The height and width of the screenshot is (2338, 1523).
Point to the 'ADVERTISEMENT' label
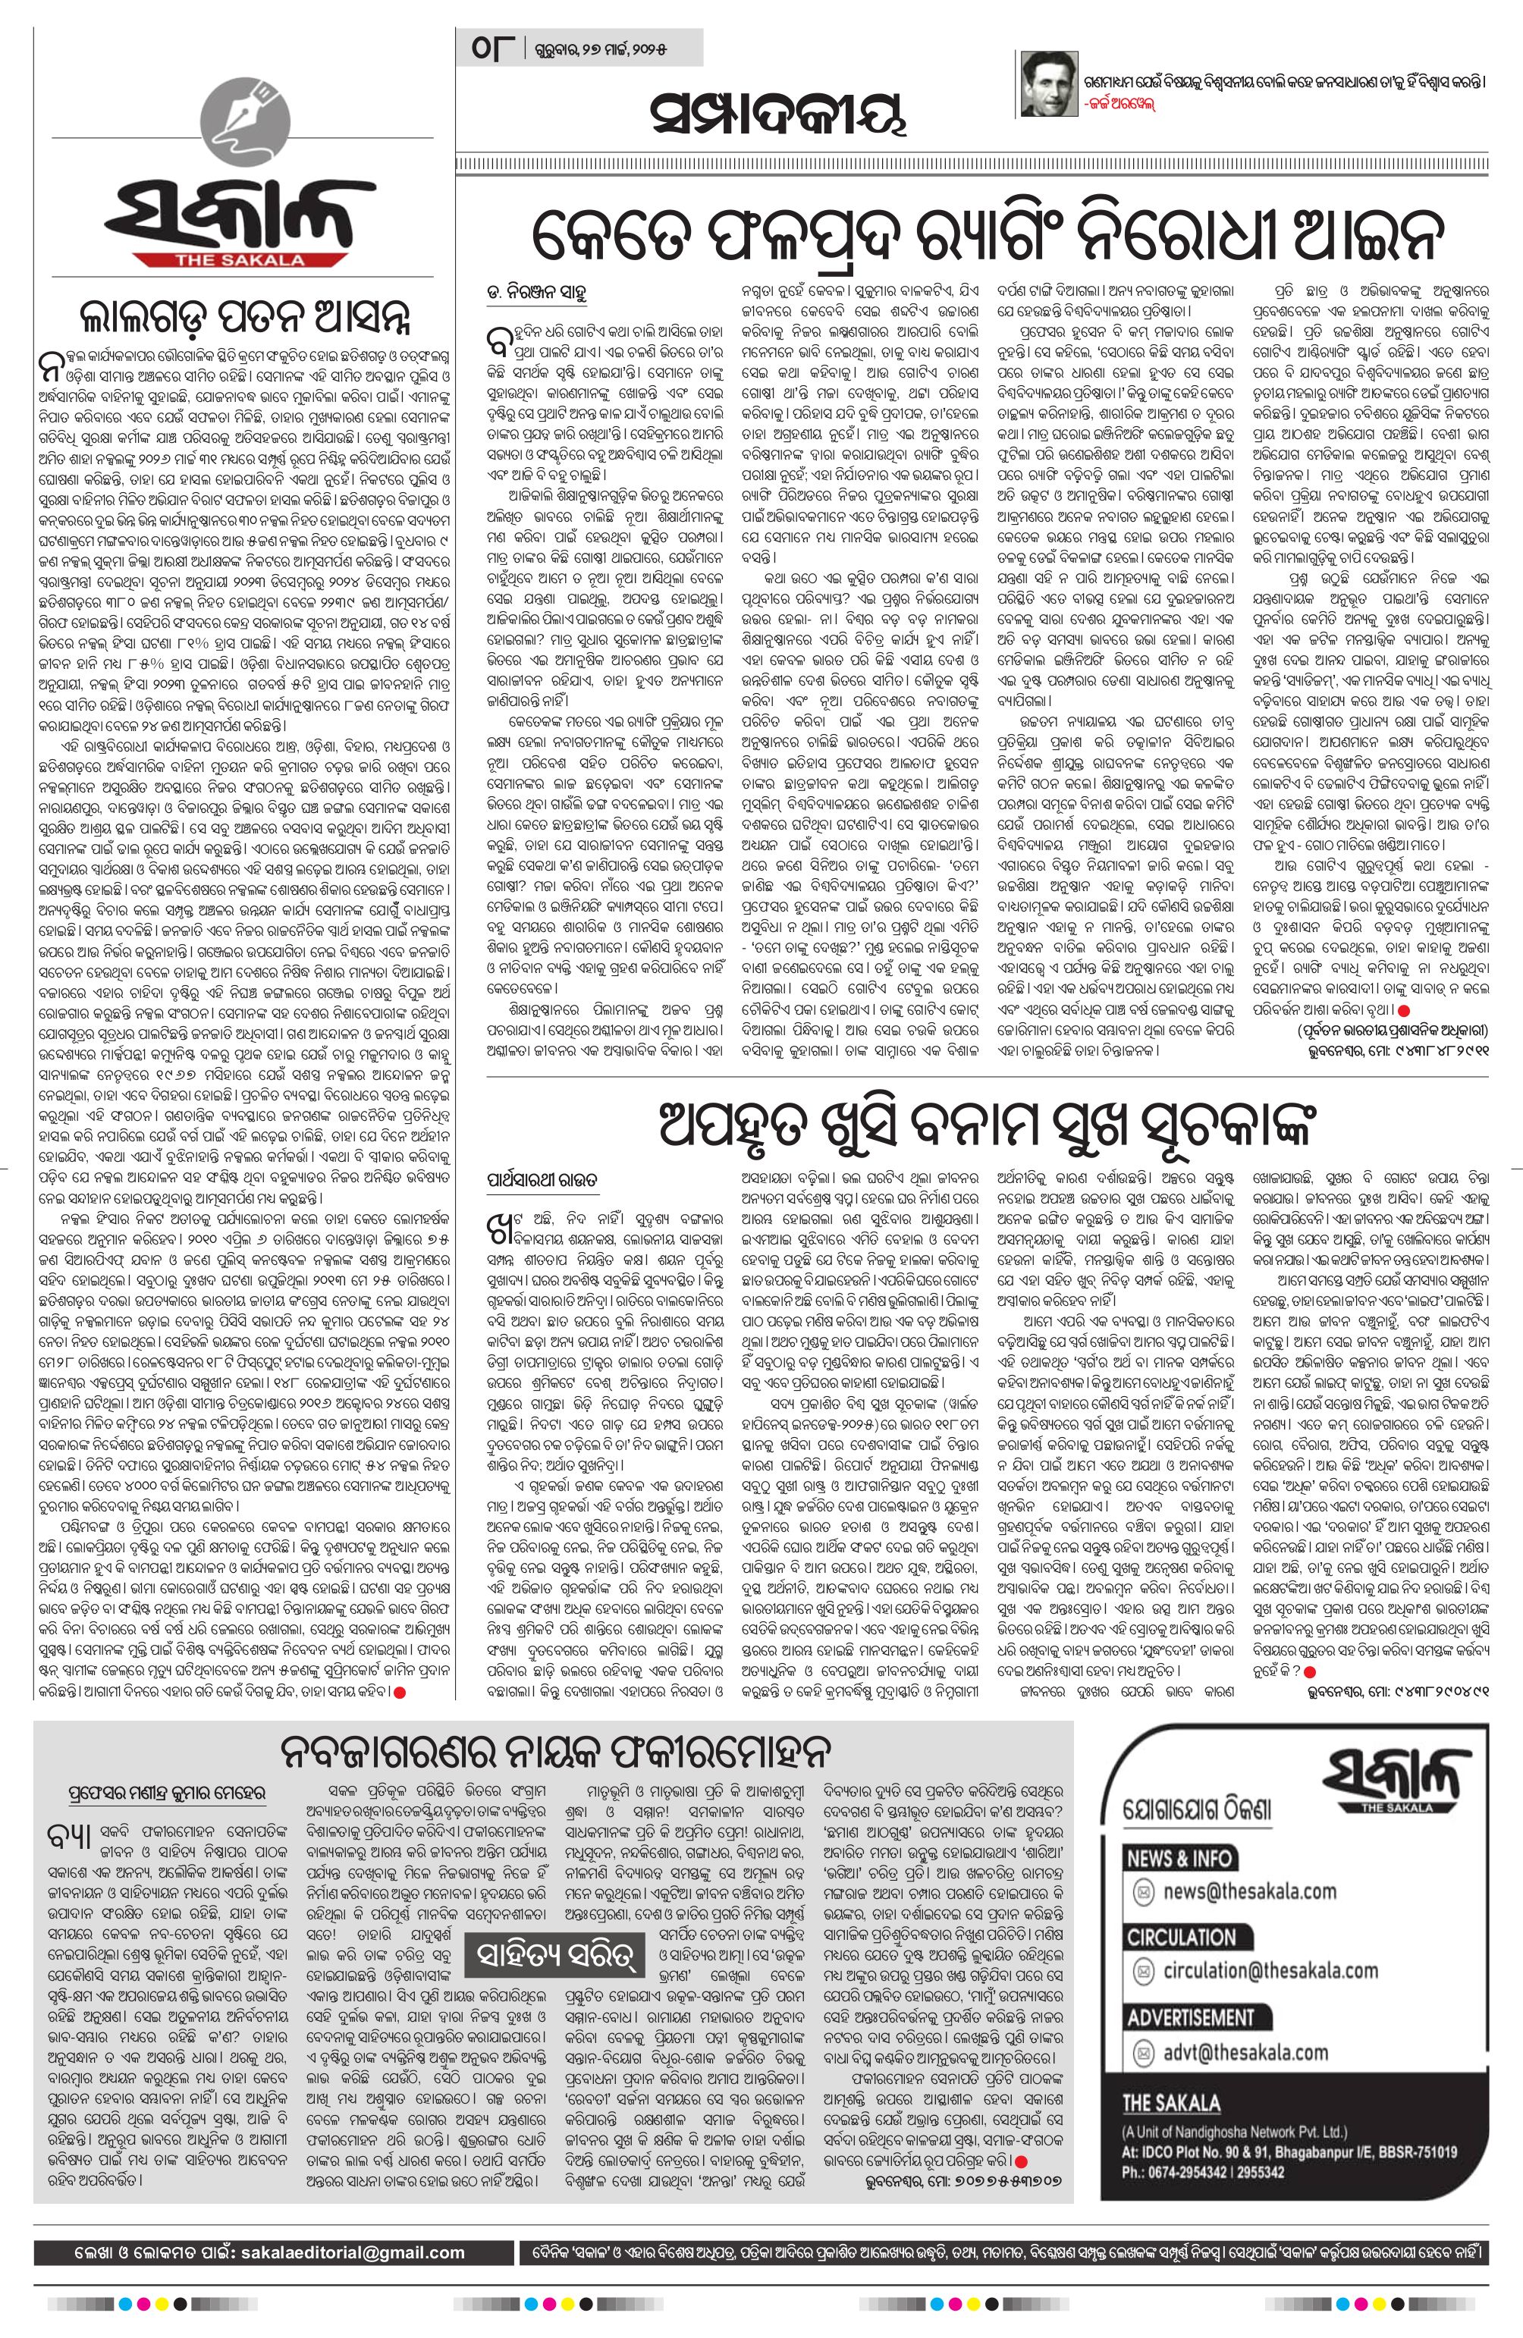tap(1190, 2038)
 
